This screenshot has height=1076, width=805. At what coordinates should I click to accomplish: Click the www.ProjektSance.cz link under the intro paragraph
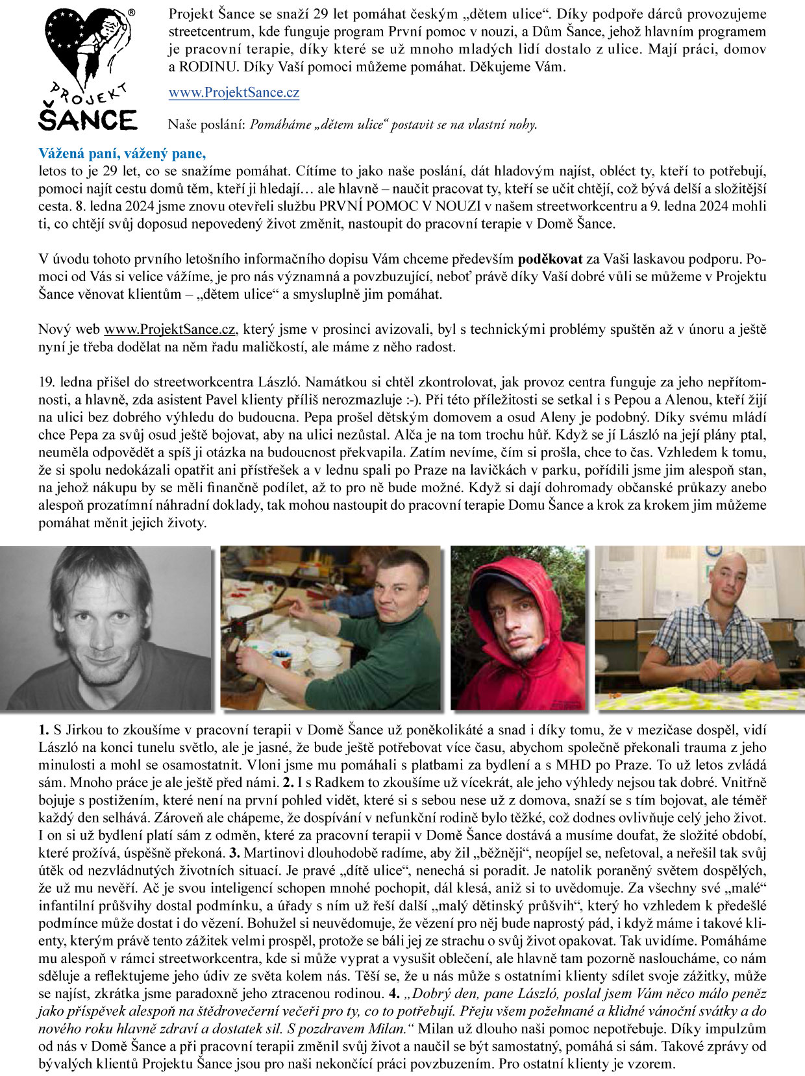(234, 92)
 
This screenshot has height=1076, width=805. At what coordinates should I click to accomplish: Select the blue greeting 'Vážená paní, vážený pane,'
(122, 154)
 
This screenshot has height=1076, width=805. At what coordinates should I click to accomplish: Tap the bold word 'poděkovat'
(550, 259)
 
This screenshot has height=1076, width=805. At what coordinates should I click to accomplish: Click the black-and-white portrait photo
(106, 627)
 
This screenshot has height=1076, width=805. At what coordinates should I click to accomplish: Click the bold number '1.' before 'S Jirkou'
(43, 730)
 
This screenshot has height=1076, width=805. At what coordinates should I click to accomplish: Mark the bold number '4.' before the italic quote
(393, 994)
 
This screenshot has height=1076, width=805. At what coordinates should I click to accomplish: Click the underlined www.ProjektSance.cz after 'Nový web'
(170, 329)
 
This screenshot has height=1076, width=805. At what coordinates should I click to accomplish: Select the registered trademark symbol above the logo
(131, 12)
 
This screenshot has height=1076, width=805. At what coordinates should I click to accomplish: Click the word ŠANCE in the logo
(87, 120)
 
